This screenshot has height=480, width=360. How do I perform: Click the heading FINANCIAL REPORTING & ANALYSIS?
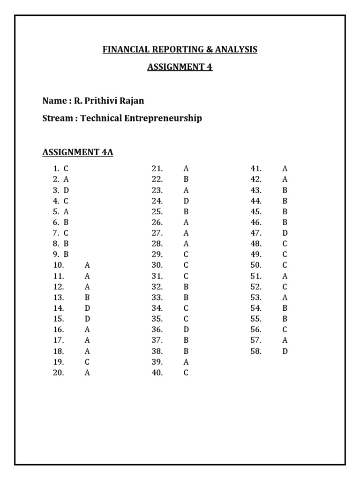coord(180,50)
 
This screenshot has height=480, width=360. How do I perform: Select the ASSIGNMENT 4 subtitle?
coord(180,67)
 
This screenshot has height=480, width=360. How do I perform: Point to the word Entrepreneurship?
coord(163,118)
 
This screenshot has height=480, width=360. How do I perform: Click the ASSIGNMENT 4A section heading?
coord(78,152)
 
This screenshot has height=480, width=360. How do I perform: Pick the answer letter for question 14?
coord(87,308)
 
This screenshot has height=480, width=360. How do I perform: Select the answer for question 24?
coord(186,201)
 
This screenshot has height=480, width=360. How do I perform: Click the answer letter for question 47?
coord(285,233)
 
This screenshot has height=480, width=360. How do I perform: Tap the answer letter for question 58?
coord(285,351)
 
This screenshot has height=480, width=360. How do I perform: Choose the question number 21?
coord(157,168)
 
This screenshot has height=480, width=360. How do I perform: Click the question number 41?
coord(256,168)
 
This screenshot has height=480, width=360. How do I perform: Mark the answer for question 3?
coord(67,190)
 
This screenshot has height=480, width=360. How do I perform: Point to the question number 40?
coord(157,373)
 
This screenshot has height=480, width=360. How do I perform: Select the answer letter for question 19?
coord(87,362)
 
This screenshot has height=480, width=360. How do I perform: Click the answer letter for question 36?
coord(186,330)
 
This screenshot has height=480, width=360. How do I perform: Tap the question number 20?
coord(59,373)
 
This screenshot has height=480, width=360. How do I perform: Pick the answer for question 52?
coord(285,287)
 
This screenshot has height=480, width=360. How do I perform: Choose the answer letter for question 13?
coord(87,298)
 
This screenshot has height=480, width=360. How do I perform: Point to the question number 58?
coord(256,351)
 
